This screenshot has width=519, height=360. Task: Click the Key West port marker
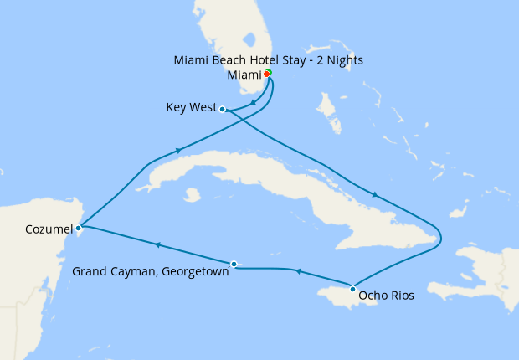(222, 109)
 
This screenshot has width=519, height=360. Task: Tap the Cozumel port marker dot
(78, 227)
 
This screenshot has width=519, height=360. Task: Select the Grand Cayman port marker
(234, 264)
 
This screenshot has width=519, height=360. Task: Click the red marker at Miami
(266, 74)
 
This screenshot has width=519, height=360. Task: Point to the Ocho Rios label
(386, 295)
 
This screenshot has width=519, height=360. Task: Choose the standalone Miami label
(244, 75)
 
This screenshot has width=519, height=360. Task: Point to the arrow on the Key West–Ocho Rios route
(375, 195)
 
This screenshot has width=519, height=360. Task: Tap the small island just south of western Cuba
(192, 194)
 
